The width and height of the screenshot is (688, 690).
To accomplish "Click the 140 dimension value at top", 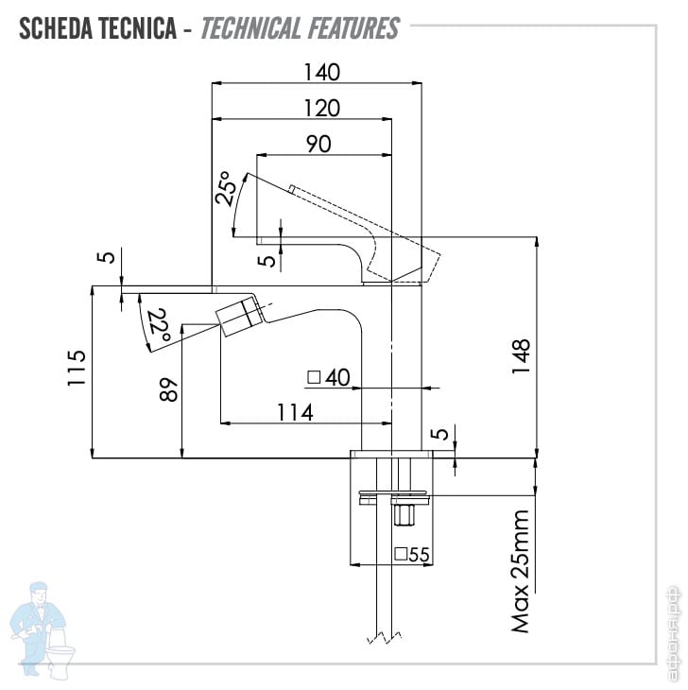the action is click(x=322, y=72).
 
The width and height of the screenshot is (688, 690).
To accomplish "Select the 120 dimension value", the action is click(x=322, y=109).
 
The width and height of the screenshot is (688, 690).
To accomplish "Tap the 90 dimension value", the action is click(x=318, y=145).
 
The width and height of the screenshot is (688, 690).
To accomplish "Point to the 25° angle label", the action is click(x=226, y=188).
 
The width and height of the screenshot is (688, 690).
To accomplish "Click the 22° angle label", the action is click(x=158, y=327).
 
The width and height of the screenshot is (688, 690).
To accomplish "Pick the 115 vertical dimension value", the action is click(x=77, y=368).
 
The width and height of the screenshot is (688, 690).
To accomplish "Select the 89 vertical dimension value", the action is click(x=168, y=389).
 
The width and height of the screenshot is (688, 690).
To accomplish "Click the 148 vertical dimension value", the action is click(x=521, y=357).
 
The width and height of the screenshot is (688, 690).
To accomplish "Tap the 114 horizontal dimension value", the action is click(x=295, y=413).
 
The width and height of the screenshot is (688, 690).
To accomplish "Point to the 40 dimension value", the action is click(x=337, y=377).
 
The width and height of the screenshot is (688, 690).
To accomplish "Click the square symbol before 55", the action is click(x=401, y=554).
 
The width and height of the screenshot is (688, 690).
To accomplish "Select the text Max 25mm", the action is click(x=520, y=571).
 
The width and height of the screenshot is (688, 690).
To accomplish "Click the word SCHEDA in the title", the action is click(x=56, y=28).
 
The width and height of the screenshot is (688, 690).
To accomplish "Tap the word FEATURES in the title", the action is click(x=353, y=28).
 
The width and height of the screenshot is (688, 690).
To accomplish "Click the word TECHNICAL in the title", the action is click(x=250, y=28).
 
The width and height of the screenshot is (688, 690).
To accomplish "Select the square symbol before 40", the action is click(x=314, y=377).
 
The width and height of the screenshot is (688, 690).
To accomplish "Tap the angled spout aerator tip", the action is click(x=237, y=317).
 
